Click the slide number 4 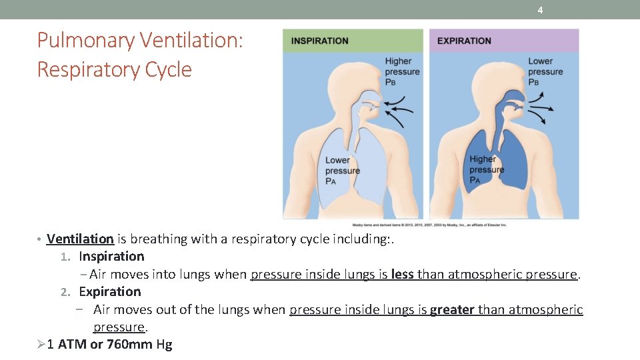(540, 10)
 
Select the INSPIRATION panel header (319, 41)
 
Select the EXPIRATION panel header (464, 41)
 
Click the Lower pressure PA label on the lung (342, 170)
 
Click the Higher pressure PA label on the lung (486, 169)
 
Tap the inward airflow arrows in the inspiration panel (397, 109)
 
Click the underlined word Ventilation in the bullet (80, 239)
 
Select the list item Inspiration (111, 256)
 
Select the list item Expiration (110, 291)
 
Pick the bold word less (402, 274)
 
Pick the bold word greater (453, 309)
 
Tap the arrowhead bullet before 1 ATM (39, 344)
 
